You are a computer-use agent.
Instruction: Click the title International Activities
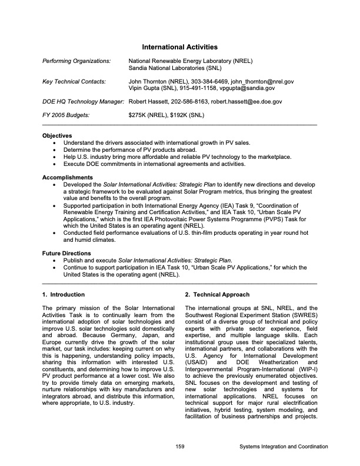[180, 46]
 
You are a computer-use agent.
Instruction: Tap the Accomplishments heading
[68, 177]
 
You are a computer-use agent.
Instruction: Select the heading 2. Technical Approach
[217, 294]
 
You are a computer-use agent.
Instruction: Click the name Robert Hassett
[148, 102]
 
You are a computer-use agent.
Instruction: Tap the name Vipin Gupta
[145, 88]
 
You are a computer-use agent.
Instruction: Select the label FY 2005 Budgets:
[66, 115]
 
